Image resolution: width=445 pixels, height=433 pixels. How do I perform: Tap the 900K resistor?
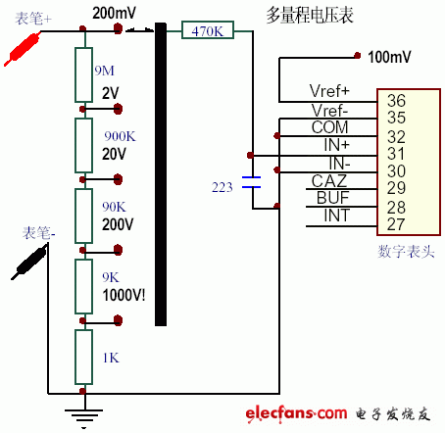(83, 143)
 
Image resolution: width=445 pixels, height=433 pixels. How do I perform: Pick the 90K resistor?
(83, 213)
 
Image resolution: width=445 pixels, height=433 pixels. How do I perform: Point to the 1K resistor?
(83, 358)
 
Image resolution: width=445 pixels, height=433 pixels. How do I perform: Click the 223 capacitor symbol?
(252, 183)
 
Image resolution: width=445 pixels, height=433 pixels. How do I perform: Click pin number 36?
(397, 100)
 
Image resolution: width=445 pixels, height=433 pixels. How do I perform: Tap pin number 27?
(397, 223)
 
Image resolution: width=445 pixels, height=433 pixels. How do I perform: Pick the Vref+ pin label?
(330, 94)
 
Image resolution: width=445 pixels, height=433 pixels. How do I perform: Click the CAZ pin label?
(329, 180)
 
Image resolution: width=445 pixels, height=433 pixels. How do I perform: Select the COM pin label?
(329, 128)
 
